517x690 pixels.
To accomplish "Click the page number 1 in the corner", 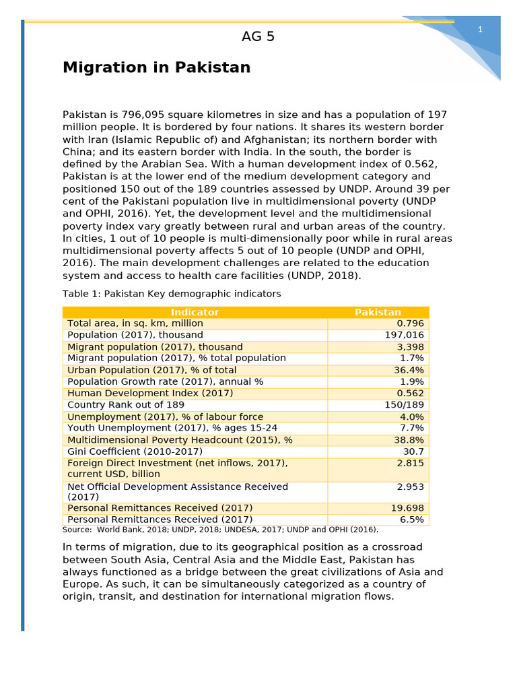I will coord(480,29).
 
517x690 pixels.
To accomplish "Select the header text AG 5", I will coord(258,37).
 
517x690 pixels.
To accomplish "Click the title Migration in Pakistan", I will coord(156,67).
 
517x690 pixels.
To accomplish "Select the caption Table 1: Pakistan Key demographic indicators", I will coord(172,294).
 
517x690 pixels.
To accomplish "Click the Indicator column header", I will coord(195,312).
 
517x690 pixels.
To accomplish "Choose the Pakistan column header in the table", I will coord(378,312).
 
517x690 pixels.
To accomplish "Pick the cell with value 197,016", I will coord(404,335).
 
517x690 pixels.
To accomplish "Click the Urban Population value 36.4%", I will coord(409,370).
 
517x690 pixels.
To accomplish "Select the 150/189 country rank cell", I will coord(404,405).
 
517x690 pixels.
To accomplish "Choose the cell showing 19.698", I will coord(407,507).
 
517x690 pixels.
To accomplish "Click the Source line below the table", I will coord(220,530).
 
